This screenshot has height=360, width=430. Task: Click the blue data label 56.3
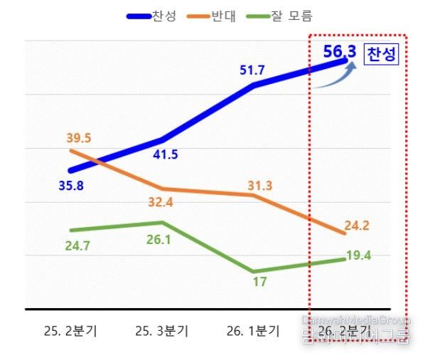point(339,52)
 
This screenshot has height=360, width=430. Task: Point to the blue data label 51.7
point(254,70)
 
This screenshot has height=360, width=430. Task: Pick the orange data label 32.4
point(165,202)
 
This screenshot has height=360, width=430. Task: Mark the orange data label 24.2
point(356,226)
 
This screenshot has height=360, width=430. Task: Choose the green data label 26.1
point(158,240)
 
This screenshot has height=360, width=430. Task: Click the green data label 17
point(259,282)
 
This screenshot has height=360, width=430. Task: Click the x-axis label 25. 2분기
point(70,331)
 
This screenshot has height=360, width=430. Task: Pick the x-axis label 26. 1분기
point(254,331)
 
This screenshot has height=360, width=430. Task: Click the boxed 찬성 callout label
point(381,55)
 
